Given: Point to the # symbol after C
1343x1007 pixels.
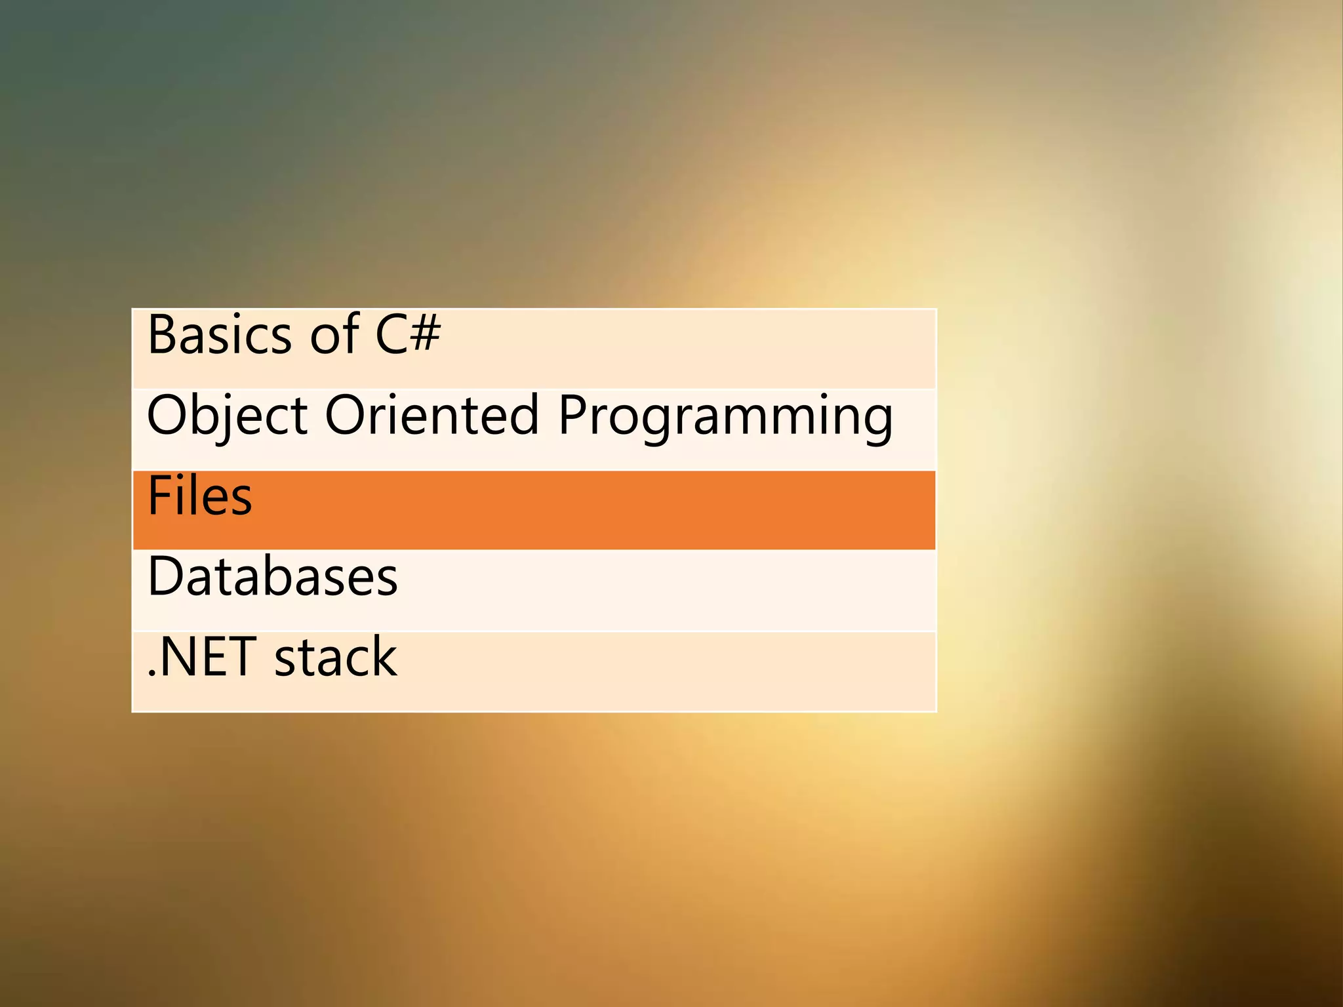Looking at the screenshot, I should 426,334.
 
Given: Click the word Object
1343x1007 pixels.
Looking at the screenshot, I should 227,416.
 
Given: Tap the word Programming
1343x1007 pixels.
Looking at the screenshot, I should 725,417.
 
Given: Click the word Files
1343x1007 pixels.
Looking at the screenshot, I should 200,496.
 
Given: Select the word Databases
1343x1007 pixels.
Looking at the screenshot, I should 273,576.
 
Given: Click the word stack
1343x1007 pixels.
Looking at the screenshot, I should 335,657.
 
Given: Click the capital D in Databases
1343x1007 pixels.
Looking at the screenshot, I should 165,576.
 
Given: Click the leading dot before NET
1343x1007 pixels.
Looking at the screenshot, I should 151,673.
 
